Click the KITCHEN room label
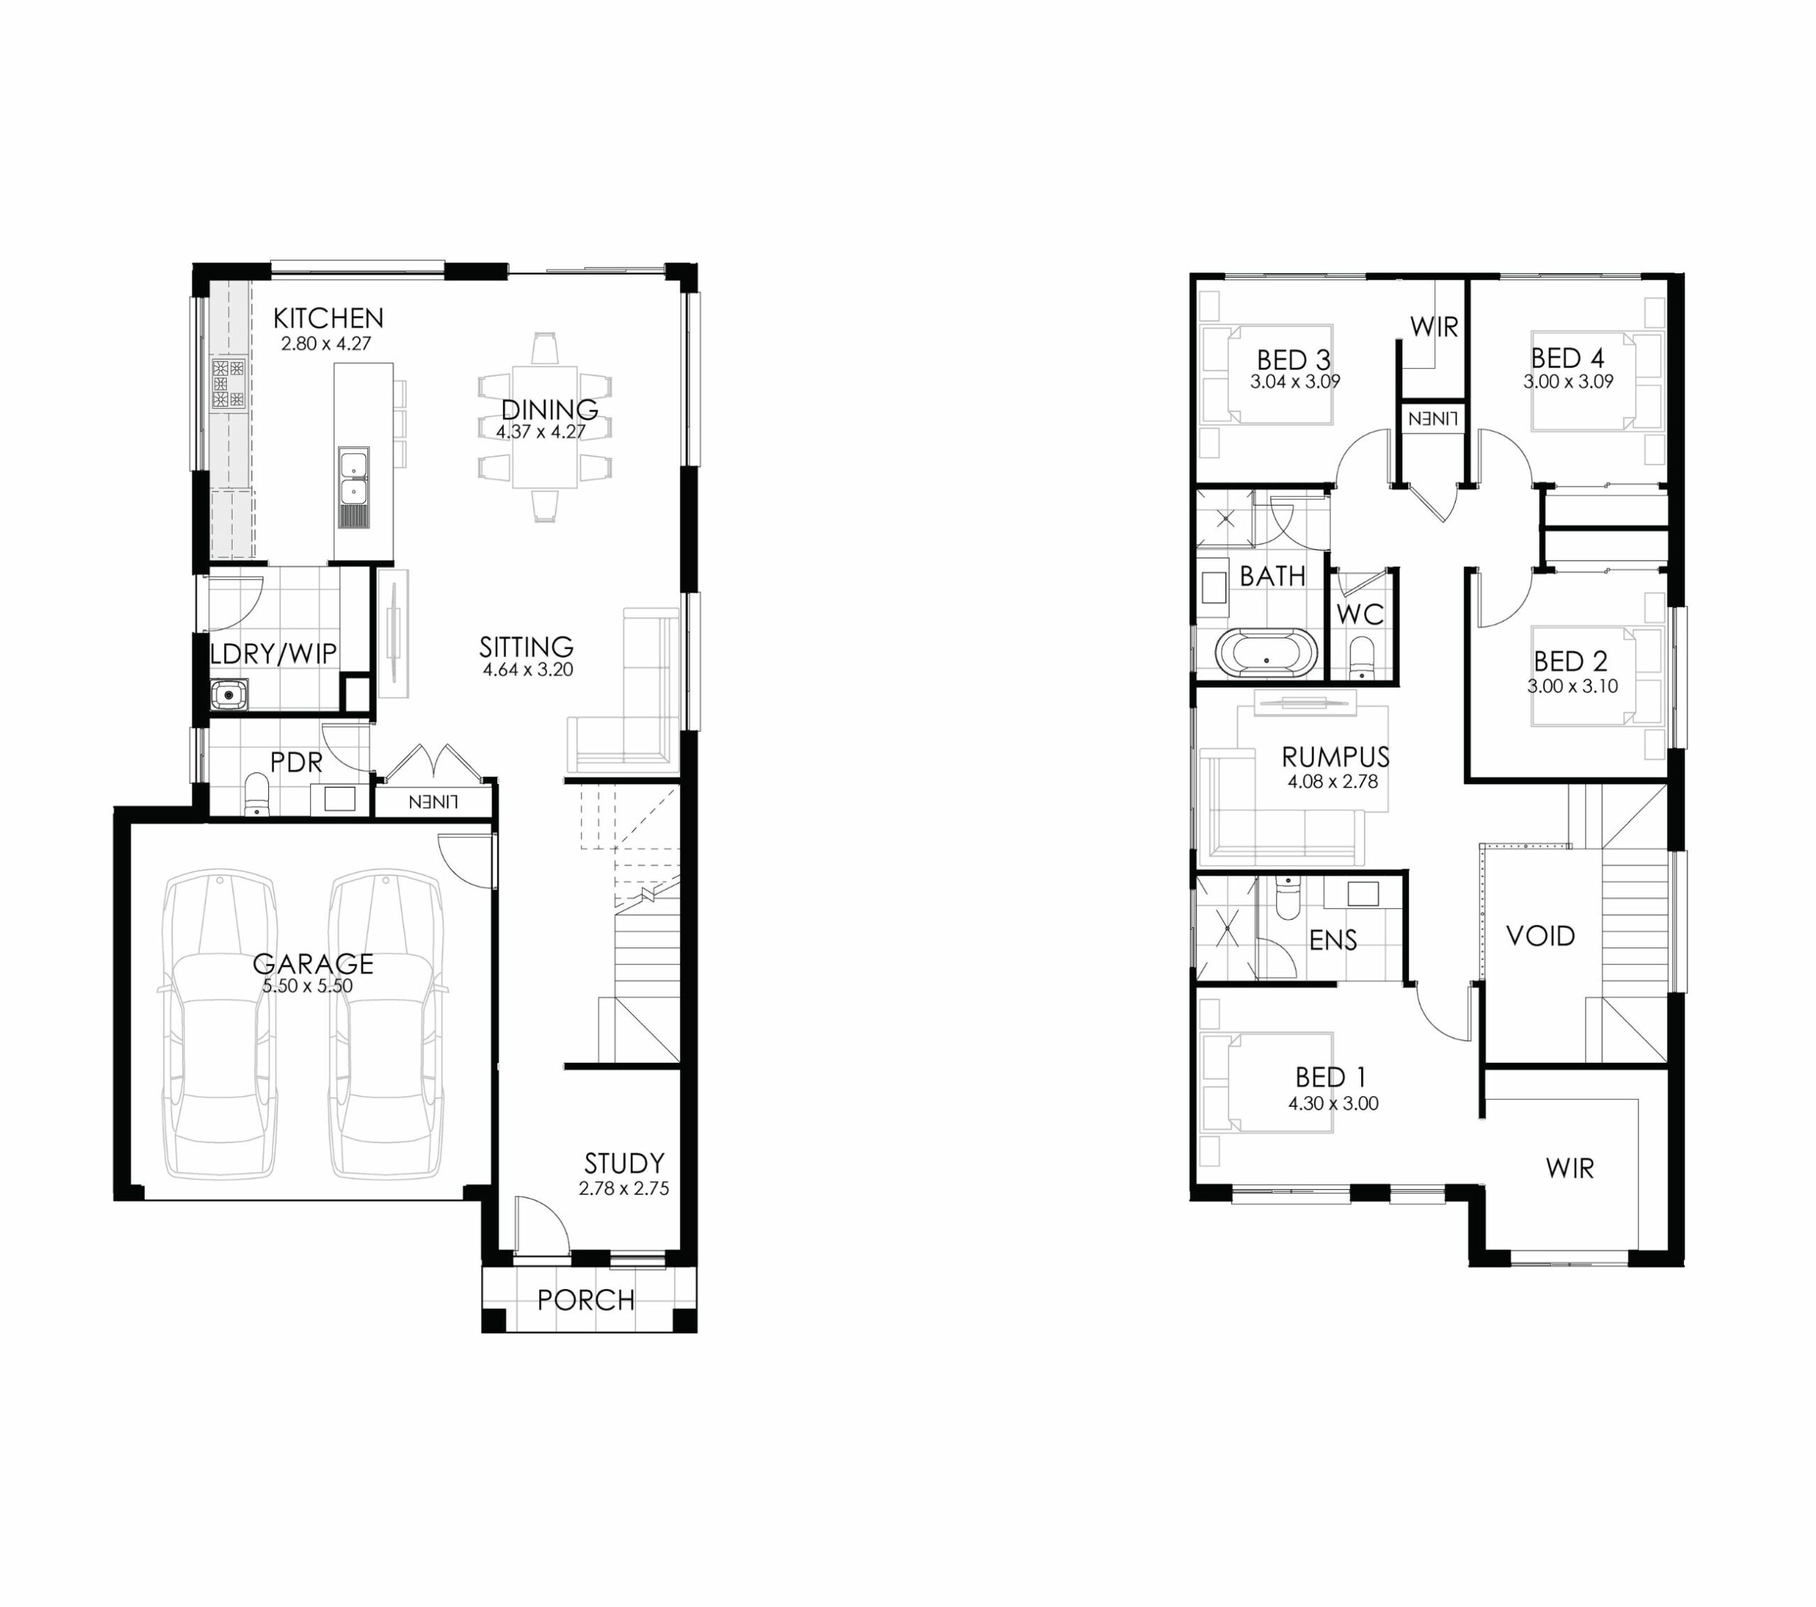click(328, 318)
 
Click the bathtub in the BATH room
click(1266, 653)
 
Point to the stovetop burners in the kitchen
click(228, 384)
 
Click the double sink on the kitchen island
click(353, 477)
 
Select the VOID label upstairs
click(1541, 935)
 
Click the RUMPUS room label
click(1335, 757)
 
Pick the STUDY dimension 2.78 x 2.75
click(624, 1188)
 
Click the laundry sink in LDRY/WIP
click(229, 693)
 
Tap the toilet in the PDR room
click(257, 794)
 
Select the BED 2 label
click(1571, 661)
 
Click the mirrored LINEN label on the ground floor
click(433, 802)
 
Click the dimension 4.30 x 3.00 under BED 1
click(1334, 1104)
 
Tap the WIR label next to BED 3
click(1434, 327)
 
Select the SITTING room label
click(526, 646)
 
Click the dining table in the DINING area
click(545, 426)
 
